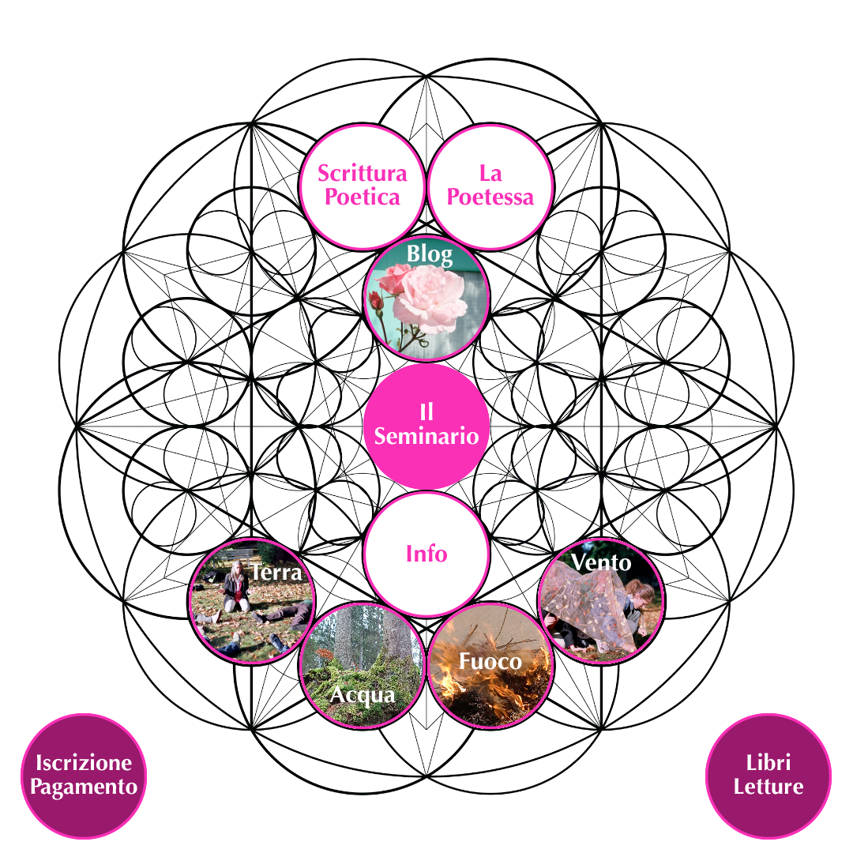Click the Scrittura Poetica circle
[x=363, y=187]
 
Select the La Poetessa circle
[x=490, y=187]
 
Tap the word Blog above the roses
[x=430, y=254]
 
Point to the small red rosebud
[x=375, y=300]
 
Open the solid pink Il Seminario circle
[x=426, y=426]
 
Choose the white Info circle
[x=426, y=554]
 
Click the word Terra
[x=276, y=573]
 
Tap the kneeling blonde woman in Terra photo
[x=237, y=586]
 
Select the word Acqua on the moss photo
[x=363, y=696]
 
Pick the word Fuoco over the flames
[x=490, y=662]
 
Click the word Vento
[x=601, y=562]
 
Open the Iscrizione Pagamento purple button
[x=84, y=776]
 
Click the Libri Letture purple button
[x=768, y=776]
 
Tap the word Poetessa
[x=490, y=197]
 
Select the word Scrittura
[x=363, y=174]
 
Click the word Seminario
[x=426, y=436]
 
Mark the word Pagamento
[x=84, y=787]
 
